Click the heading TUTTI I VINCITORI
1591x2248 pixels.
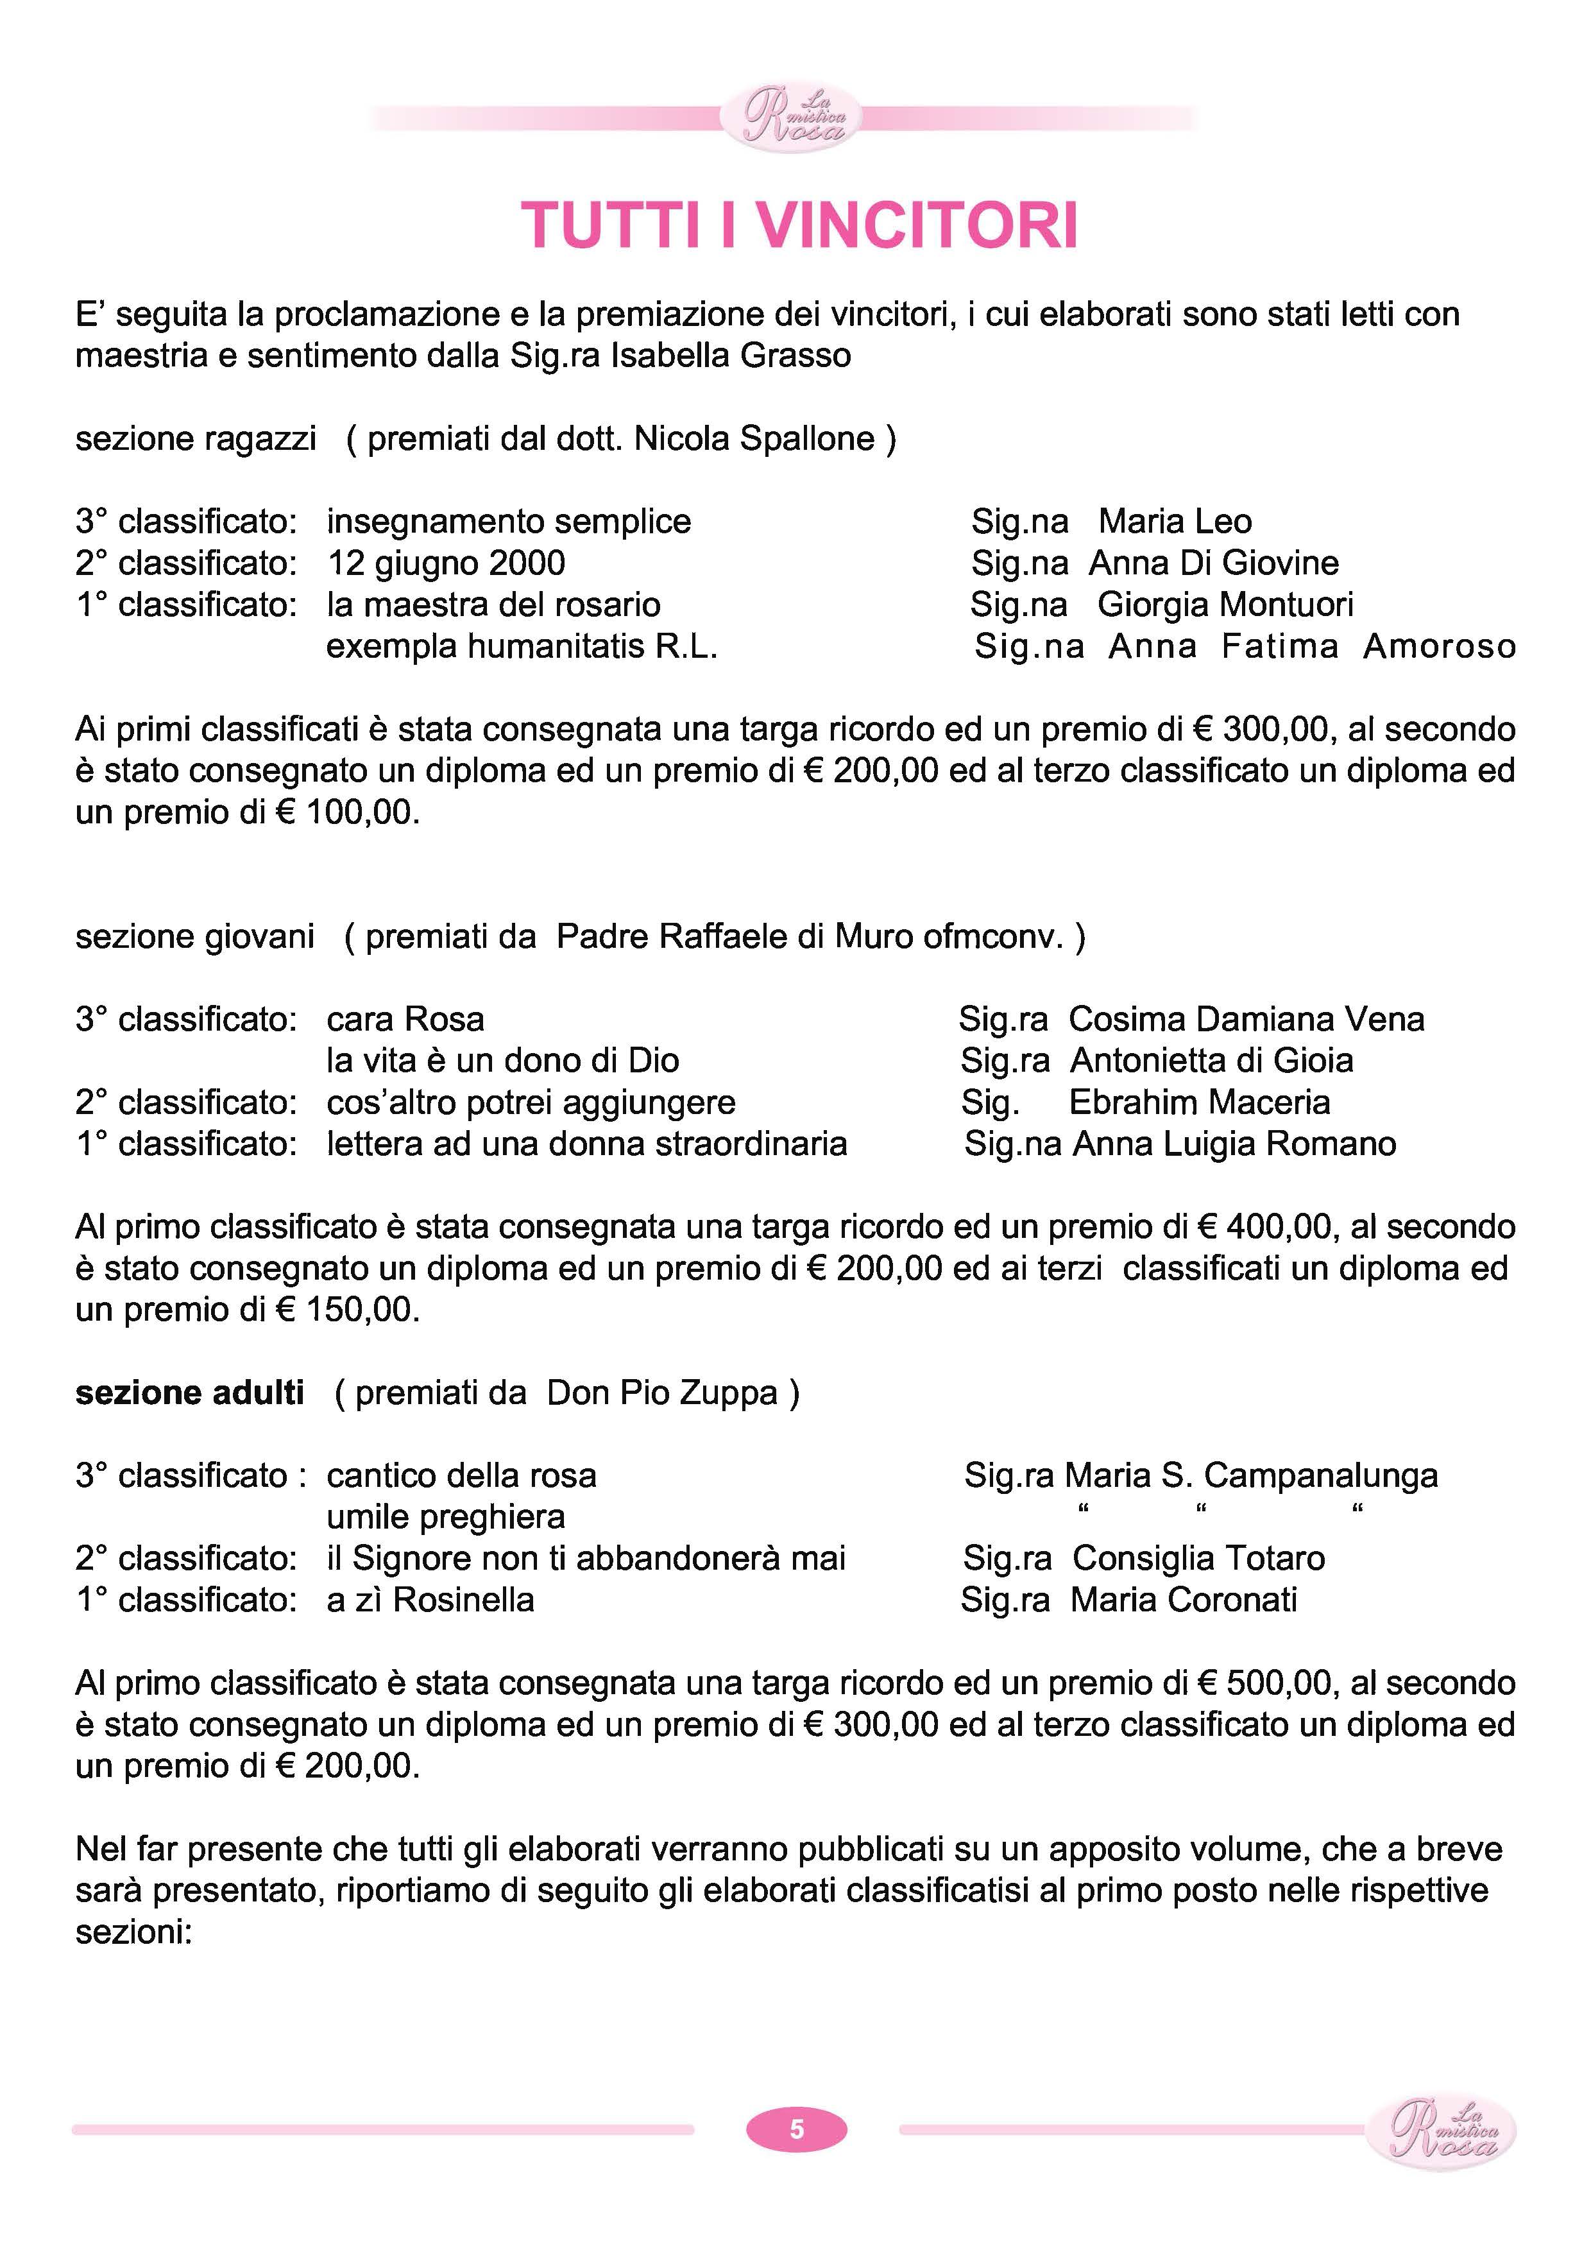coord(799,225)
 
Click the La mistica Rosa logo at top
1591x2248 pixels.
coord(790,117)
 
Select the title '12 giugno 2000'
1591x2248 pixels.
coord(446,563)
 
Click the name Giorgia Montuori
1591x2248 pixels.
coord(1225,605)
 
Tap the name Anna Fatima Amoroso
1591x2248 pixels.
coord(1312,647)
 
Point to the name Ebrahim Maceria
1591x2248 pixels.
coord(1199,1103)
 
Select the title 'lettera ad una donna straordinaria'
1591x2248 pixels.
coord(587,1144)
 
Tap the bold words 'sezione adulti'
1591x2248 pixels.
coord(190,1393)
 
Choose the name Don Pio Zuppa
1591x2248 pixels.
coord(661,1393)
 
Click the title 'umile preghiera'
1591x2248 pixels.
coord(446,1517)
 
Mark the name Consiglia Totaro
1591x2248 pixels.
coord(1198,1558)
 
